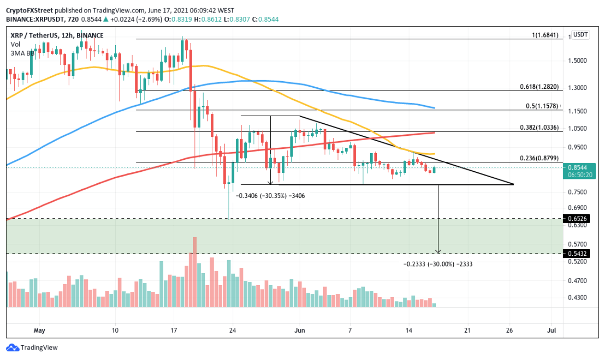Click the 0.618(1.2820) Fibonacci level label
click(x=539, y=87)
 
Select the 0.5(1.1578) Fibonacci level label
click(x=541, y=107)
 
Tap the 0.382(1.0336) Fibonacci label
click(x=539, y=128)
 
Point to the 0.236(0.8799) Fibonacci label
click(x=539, y=158)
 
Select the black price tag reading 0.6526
click(x=581, y=219)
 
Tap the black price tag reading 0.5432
click(x=581, y=253)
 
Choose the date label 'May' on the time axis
click(x=40, y=331)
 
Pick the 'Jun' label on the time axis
click(x=300, y=331)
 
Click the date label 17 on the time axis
click(x=174, y=331)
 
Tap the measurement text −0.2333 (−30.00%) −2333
click(x=435, y=264)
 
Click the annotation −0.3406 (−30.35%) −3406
click(x=271, y=196)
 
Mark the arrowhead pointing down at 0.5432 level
click(x=438, y=251)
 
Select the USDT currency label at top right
click(x=581, y=35)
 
